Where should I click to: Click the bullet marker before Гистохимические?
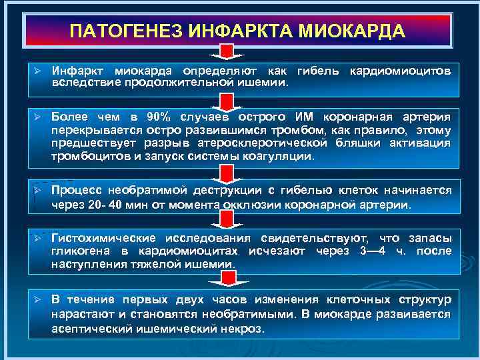pyautogui.click(x=39, y=238)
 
